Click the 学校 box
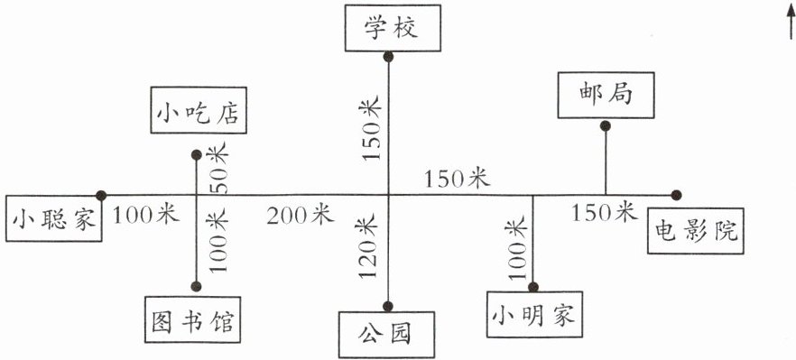[393, 28]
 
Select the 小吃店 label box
[199, 110]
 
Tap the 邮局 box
[606, 95]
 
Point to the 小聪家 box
[54, 218]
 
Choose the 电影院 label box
[696, 231]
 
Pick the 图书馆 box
[192, 320]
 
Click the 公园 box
[387, 335]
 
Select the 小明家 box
[534, 314]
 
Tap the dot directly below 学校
[388, 57]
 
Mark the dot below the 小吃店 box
[197, 155]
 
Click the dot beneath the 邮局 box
[605, 126]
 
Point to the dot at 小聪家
[101, 196]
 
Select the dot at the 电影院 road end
[676, 195]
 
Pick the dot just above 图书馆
[196, 286]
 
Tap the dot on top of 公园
[388, 306]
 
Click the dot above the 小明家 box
[533, 287]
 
